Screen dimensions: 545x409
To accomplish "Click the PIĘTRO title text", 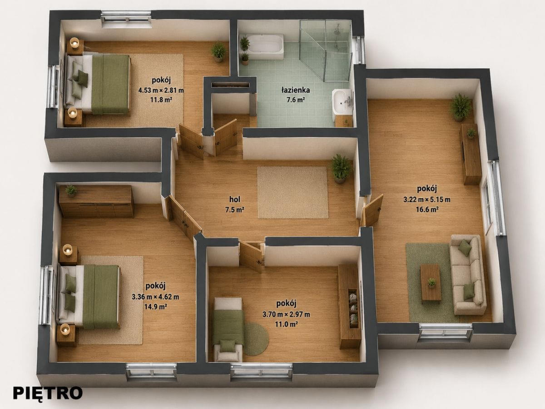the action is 48,393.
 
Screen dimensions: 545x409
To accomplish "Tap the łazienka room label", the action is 296,90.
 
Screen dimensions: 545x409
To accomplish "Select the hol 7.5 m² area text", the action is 235,204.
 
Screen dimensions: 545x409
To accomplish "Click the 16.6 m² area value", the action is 427,209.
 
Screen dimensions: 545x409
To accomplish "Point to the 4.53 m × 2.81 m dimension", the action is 161,90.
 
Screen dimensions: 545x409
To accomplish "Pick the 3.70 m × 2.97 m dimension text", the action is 286,314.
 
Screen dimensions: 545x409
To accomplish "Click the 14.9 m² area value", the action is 155,307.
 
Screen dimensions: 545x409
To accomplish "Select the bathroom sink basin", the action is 342,102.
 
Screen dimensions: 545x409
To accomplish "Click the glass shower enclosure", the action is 326,50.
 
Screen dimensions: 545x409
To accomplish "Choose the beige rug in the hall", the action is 293,193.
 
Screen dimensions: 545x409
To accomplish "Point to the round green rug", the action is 256,339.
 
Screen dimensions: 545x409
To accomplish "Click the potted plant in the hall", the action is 342,168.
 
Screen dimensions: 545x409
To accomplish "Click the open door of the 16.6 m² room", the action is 372,210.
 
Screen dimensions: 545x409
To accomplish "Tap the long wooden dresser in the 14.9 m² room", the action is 96,201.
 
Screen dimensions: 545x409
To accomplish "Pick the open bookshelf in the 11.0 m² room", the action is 349,306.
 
